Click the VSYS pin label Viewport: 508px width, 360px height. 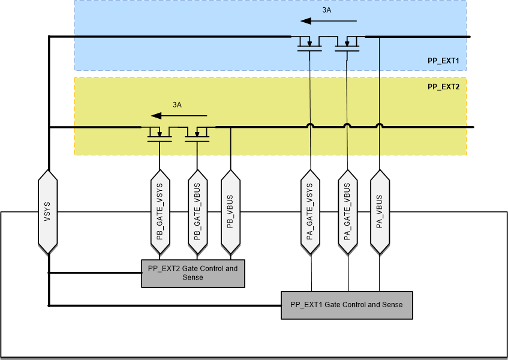47,212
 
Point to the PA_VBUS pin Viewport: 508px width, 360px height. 379,211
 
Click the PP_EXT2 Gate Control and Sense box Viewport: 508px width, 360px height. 193,273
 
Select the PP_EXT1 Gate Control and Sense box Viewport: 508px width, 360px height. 347,305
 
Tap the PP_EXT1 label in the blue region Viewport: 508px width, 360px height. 443,61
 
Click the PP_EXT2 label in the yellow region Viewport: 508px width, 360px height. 443,86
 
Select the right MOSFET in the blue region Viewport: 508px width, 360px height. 347,44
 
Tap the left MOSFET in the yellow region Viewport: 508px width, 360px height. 160,134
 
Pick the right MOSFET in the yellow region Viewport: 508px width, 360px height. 197,134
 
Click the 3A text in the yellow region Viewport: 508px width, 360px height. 177,104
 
